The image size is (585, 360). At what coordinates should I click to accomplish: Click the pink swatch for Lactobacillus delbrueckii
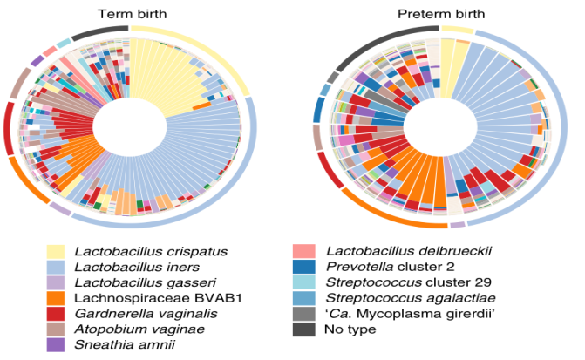[305, 252]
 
